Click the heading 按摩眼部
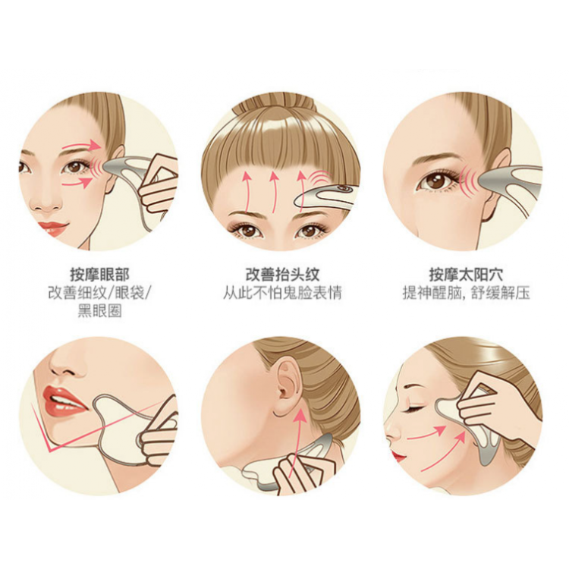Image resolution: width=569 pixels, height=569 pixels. tap(99, 275)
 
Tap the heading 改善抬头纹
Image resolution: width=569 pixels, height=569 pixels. tap(282, 275)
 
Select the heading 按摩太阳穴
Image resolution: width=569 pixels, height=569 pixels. tap(466, 275)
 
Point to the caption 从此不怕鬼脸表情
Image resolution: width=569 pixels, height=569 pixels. tap(282, 293)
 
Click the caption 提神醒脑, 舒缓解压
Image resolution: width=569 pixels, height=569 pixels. tap(466, 293)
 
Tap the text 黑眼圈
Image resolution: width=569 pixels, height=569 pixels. tap(100, 311)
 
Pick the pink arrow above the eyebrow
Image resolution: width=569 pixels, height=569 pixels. tap(81, 146)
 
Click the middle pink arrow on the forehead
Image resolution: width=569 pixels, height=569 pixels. tap(274, 192)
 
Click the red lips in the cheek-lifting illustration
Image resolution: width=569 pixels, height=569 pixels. tap(398, 454)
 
